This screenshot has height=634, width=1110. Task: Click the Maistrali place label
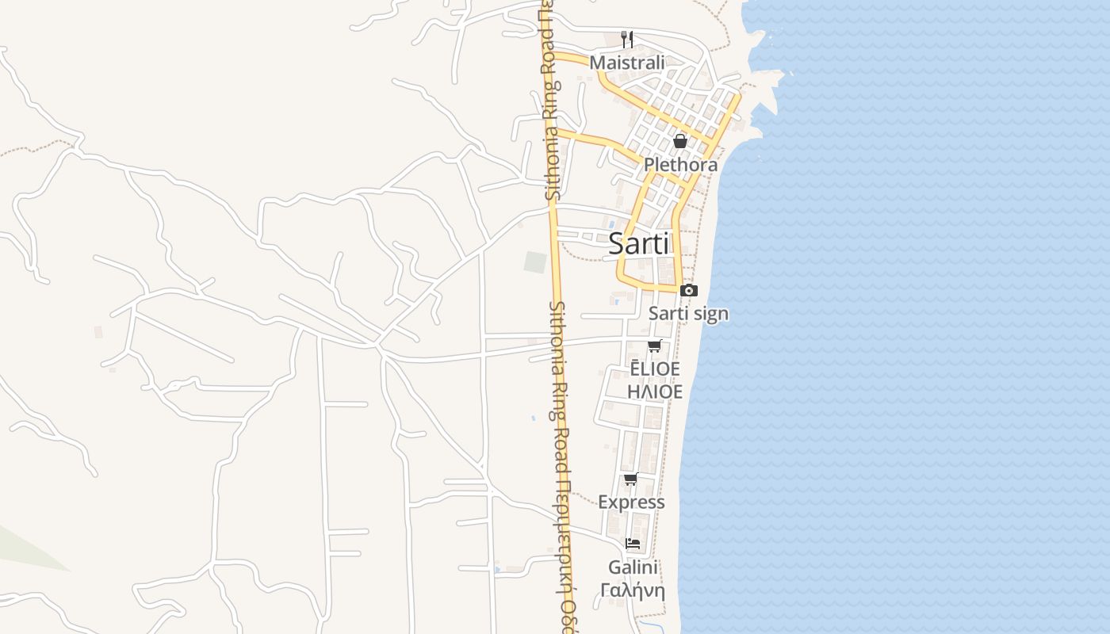(x=626, y=62)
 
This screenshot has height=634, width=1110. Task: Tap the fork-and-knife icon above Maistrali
(x=627, y=38)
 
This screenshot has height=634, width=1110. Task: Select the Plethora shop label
(x=680, y=165)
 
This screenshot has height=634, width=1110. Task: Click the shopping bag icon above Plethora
(x=679, y=142)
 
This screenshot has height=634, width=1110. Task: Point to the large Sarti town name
(x=638, y=244)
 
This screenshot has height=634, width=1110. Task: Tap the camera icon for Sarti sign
(x=688, y=291)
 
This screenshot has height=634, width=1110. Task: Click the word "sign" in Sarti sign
(x=711, y=314)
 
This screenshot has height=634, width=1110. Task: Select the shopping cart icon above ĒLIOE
(x=654, y=346)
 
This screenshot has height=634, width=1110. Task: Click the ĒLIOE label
(x=654, y=369)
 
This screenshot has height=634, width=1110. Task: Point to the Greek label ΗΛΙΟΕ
(x=654, y=391)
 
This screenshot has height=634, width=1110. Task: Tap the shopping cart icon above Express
(x=631, y=479)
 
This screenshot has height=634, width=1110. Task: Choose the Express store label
(x=631, y=502)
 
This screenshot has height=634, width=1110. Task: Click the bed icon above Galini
(x=633, y=544)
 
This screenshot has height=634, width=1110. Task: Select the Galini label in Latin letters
(x=633, y=567)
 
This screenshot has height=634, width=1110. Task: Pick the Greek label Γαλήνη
(x=633, y=590)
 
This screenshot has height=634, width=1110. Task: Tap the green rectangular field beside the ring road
(x=535, y=262)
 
